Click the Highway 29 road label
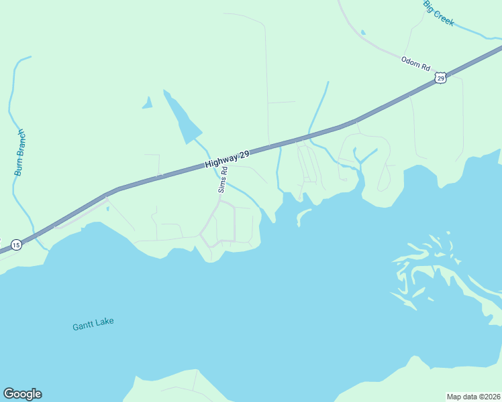click(228, 159)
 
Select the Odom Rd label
click(415, 64)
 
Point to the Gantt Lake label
click(93, 324)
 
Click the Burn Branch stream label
click(19, 152)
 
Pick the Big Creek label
click(439, 13)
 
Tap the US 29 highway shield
click(440, 78)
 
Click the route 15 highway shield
click(16, 245)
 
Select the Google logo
click(22, 394)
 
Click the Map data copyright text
click(473, 396)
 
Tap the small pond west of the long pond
click(147, 103)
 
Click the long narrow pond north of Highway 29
click(181, 118)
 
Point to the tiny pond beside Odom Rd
click(363, 32)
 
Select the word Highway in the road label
click(221, 161)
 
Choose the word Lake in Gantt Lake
click(103, 322)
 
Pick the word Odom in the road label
click(410, 61)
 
